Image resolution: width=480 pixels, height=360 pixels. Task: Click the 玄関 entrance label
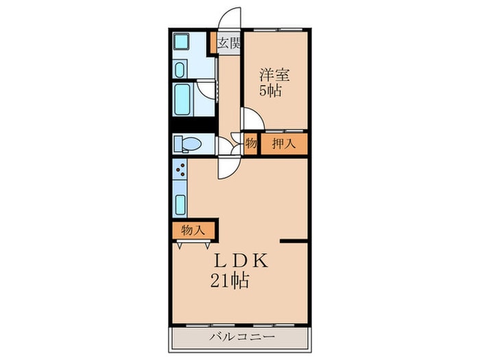230,44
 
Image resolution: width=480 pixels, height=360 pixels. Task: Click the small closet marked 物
250,144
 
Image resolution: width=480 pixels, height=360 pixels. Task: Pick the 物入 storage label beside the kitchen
193,230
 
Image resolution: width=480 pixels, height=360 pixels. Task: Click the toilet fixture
187,144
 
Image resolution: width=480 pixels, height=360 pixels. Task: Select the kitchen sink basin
181,204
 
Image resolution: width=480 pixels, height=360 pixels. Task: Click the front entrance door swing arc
230,18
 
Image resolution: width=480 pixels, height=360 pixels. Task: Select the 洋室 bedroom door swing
252,120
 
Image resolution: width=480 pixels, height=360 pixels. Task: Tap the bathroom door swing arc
206,90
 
